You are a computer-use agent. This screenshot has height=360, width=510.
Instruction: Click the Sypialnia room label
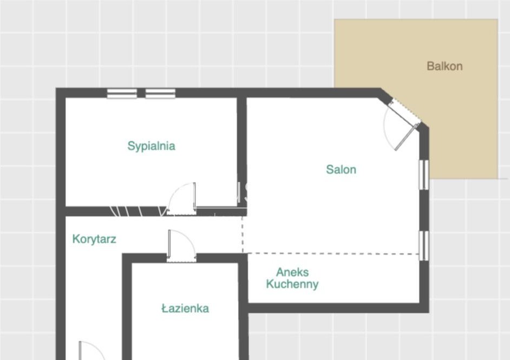[x=151, y=146]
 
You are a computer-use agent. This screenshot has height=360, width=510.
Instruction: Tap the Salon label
[x=341, y=169]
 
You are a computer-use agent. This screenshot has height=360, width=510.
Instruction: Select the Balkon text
[x=444, y=66]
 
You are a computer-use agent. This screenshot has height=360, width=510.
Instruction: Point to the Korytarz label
[x=94, y=239]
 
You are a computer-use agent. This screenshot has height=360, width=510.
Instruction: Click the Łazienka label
[x=185, y=308]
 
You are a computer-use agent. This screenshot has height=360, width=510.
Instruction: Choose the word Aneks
[x=292, y=272]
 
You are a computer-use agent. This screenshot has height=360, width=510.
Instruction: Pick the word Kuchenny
[x=292, y=284]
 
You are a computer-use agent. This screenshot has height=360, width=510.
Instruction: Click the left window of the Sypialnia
[x=122, y=93]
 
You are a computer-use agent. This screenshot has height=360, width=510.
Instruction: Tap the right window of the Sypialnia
[x=160, y=93]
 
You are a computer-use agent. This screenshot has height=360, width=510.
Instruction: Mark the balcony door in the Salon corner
[x=406, y=137]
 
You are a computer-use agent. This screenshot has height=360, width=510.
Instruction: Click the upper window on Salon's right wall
[x=423, y=175]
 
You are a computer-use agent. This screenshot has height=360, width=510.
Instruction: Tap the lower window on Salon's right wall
[x=423, y=246]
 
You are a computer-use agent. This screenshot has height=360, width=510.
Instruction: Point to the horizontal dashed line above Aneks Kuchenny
[x=333, y=253]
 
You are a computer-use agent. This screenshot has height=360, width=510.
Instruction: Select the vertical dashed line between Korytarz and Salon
[x=243, y=234]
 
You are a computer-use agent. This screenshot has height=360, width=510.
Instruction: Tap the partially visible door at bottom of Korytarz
[x=91, y=351]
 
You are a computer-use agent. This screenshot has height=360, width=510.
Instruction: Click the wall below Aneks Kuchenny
[x=338, y=308]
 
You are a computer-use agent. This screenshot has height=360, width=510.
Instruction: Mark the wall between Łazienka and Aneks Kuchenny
[x=243, y=306]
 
